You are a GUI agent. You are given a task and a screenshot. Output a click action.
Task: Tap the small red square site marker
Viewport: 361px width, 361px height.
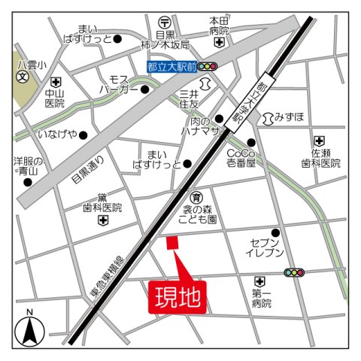coord(171,242)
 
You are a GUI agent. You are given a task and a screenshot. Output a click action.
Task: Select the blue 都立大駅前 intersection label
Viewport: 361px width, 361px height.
coord(171,67)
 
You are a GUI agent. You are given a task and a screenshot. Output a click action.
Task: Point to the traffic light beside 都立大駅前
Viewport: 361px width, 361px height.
coord(208,67)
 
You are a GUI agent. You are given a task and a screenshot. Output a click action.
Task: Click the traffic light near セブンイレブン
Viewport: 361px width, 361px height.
coord(294,273)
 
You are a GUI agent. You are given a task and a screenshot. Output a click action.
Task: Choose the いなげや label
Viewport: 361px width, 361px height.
coord(57,135)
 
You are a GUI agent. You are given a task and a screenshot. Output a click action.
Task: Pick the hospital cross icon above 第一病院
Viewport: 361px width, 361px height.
coord(260,281)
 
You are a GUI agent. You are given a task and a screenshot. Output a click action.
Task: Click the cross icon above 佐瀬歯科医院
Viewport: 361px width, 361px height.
coord(320,141)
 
